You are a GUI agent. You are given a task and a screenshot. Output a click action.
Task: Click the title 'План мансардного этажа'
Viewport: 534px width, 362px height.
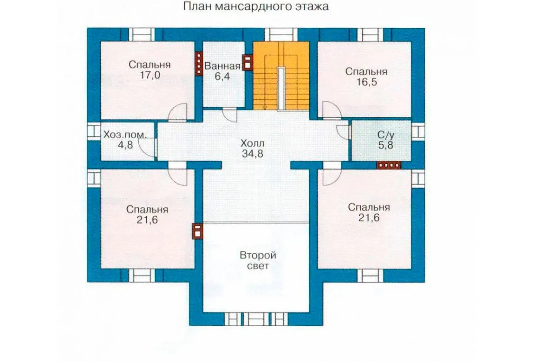[256, 6]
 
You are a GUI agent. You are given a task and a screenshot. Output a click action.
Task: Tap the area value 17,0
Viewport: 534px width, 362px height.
[150, 75]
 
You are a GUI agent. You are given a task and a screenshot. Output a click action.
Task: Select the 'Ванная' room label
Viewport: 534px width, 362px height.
[222, 65]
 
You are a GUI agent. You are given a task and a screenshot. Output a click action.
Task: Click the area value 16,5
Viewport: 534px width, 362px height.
[366, 82]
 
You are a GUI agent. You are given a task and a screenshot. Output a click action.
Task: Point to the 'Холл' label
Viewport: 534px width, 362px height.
[252, 143]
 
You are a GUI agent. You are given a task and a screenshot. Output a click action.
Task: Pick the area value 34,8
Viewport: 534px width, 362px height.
[252, 154]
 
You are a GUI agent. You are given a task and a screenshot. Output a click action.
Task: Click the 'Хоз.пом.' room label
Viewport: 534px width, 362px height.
[125, 135]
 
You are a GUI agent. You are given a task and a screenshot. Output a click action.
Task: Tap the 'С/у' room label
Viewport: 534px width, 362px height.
[386, 135]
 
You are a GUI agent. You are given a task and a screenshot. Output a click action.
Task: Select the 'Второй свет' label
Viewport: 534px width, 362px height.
[258, 260]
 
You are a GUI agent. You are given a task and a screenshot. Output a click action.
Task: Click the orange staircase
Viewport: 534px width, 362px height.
[281, 76]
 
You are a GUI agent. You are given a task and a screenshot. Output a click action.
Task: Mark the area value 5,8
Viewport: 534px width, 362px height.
[385, 145]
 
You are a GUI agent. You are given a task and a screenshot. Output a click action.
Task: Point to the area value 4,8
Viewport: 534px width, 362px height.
[125, 145]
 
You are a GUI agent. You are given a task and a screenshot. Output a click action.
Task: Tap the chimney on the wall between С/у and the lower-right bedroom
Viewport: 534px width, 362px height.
[389, 165]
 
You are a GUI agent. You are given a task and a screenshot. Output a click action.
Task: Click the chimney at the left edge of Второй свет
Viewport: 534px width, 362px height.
[197, 232]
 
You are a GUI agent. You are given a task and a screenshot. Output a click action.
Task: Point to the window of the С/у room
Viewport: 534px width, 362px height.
[418, 131]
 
